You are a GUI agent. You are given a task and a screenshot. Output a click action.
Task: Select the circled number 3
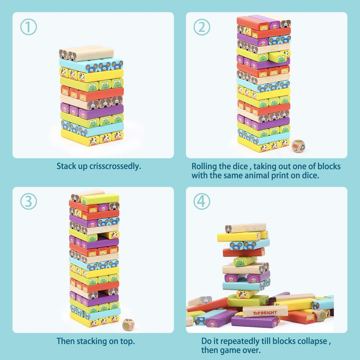[28, 201]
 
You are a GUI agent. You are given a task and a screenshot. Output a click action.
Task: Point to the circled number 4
[201, 201]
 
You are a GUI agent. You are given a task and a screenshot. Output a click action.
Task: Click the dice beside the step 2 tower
[298, 146]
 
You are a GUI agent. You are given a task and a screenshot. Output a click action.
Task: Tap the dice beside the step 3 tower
[128, 324]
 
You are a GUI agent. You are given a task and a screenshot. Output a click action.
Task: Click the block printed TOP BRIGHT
[265, 311]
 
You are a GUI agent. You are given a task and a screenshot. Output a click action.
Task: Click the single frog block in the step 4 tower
[245, 261]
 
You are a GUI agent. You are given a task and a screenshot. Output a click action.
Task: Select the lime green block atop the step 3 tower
[100, 199]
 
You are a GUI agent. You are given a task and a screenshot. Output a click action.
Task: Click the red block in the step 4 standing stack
[244, 252]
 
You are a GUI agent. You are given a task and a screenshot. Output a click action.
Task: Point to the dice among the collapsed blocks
[319, 315]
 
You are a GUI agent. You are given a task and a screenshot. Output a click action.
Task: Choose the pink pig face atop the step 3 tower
[104, 207]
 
